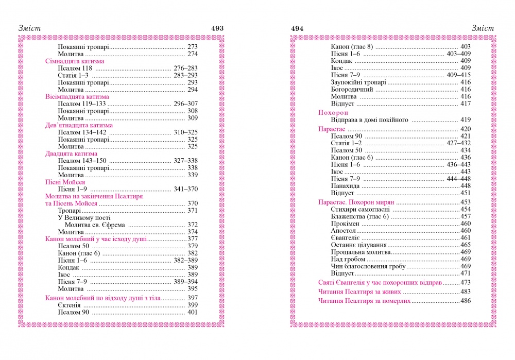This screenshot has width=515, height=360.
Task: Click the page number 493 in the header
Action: pyautogui.click(x=217, y=28)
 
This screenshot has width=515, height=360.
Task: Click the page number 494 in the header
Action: pyautogui.click(x=298, y=28)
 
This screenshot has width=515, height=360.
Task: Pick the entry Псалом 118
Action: pyautogui.click(x=73, y=68)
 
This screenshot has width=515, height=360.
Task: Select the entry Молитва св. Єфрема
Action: pyautogui.click(x=96, y=225)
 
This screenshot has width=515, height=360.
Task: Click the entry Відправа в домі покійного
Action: pyautogui.click(x=369, y=120)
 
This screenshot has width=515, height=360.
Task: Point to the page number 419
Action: pyautogui.click(x=466, y=120)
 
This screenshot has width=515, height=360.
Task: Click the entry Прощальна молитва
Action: pyautogui.click(x=360, y=252)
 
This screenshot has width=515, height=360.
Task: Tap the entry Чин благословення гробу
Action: pyautogui.click(x=368, y=266)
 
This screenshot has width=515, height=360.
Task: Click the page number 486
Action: pyautogui.click(x=466, y=301)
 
